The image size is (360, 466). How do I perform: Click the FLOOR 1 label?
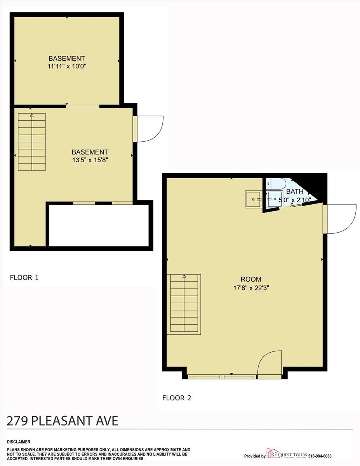[x=24, y=278]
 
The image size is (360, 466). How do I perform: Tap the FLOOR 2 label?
[x=177, y=398]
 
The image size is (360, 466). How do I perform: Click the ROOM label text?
[x=251, y=279]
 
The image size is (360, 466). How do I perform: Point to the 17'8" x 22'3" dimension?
[x=251, y=288]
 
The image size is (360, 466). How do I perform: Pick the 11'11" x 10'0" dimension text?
[x=67, y=66]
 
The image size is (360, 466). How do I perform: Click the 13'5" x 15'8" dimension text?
[x=90, y=160]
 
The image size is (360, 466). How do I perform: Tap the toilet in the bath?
[x=277, y=183]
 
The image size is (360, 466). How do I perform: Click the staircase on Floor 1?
[x=32, y=142]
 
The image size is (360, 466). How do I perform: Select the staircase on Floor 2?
[x=184, y=304]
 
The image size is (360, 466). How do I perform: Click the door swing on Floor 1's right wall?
[x=150, y=129]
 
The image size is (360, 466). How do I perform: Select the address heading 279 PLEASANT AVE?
[x=63, y=421]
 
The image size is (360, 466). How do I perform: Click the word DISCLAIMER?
[x=19, y=442]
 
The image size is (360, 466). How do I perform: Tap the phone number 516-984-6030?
[x=320, y=456]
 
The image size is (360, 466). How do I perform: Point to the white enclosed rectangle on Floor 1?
[x=99, y=225]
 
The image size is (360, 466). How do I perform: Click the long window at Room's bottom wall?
[x=222, y=376]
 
